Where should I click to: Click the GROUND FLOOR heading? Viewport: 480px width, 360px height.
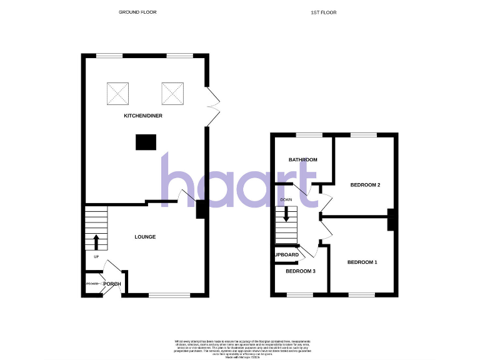point(137,12)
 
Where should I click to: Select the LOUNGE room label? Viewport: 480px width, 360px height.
point(145,237)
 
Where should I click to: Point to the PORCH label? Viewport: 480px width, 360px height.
point(112,284)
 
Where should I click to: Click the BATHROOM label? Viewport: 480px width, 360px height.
point(302,160)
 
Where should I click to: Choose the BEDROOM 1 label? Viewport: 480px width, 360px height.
point(362,262)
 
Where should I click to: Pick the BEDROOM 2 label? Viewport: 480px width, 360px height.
point(366,185)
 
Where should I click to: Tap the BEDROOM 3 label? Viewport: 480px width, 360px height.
point(301,271)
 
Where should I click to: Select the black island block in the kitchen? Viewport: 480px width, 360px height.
point(146,142)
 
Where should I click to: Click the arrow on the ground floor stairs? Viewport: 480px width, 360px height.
point(96,241)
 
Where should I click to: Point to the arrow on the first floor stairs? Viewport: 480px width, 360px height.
point(286,213)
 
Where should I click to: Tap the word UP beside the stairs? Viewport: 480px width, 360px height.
point(96,257)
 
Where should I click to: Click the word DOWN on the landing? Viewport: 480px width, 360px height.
point(286,200)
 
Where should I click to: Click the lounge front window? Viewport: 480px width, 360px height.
point(169,295)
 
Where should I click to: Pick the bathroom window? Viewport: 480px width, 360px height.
point(304,135)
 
